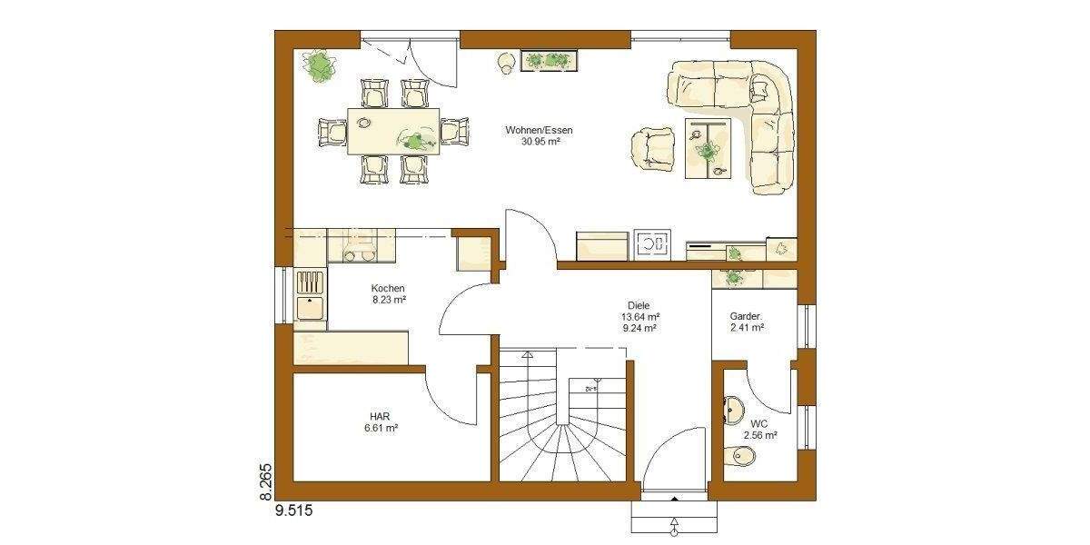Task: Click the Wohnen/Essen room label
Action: [x=539, y=130]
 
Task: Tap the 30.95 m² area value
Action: [x=539, y=142]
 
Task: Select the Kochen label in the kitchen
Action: [x=388, y=288]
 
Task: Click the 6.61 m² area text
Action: [x=380, y=427]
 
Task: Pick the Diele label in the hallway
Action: [x=639, y=305]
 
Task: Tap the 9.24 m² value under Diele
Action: [x=639, y=329]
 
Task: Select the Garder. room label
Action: [x=747, y=317]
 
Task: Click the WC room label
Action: [x=758, y=423]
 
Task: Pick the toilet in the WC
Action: [x=738, y=458]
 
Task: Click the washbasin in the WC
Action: [x=732, y=410]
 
